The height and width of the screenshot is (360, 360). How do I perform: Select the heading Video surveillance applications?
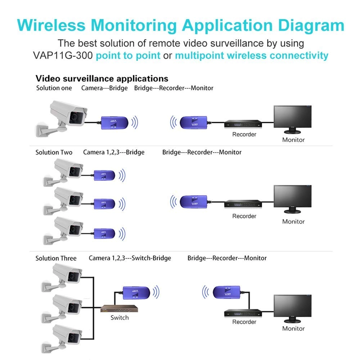(102, 78)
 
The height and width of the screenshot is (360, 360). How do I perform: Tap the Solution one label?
(54, 88)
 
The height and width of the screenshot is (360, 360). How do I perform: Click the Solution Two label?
(54, 152)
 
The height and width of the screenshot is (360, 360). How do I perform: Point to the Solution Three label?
(56, 258)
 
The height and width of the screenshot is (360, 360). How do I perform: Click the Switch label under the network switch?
(120, 318)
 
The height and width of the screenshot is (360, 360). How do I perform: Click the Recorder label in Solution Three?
(244, 322)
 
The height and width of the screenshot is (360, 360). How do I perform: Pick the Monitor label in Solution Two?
(293, 221)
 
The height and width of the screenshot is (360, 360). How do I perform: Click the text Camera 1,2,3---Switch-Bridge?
(130, 258)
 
